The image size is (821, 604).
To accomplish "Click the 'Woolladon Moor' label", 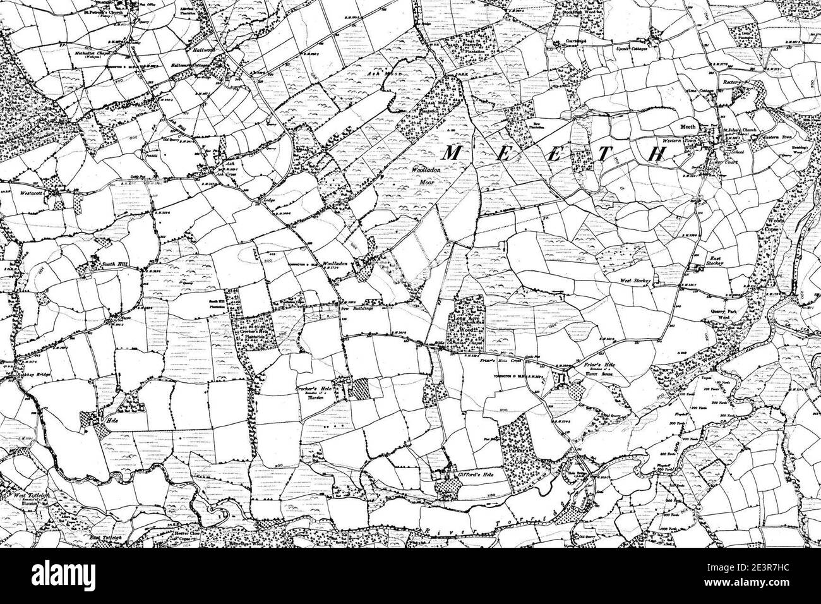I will (x=427, y=175).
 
